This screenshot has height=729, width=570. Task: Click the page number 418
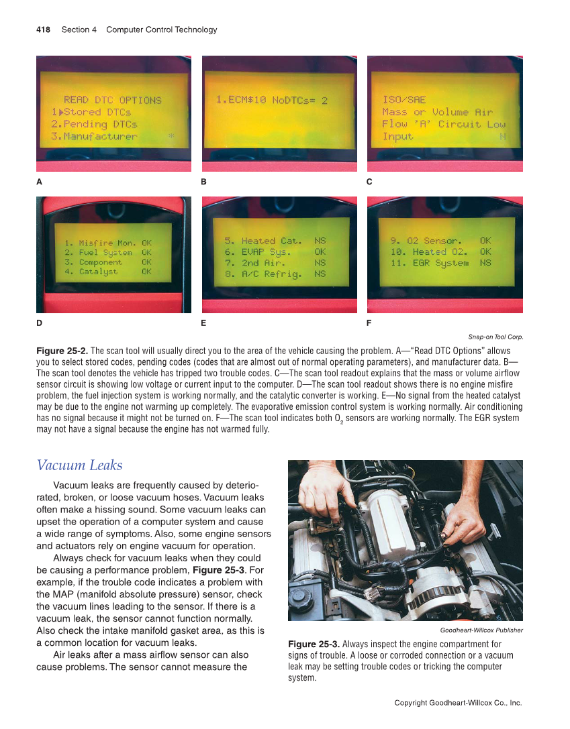[x=43, y=30]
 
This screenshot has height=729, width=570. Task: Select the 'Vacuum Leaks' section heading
[x=79, y=465]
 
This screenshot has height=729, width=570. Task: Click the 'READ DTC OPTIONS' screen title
[x=112, y=100]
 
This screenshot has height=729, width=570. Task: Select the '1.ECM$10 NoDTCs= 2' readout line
[x=272, y=100]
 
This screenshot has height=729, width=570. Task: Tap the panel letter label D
[x=40, y=323]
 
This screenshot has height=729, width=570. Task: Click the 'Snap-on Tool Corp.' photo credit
[x=495, y=337]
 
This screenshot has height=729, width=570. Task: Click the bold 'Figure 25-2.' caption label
[x=62, y=351]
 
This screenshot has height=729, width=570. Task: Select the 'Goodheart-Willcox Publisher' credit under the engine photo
[x=481, y=630]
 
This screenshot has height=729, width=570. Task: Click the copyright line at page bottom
[x=458, y=703]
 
